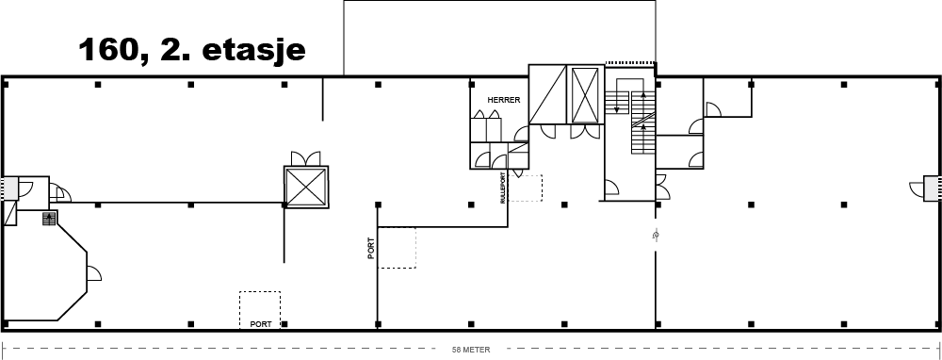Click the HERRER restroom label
(x=503, y=101)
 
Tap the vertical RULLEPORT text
(x=503, y=188)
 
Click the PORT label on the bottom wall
(x=261, y=324)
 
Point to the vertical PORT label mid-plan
(x=371, y=248)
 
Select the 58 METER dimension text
(x=471, y=350)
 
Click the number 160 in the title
(x=108, y=50)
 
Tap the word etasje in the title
(x=253, y=51)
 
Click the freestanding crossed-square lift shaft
(x=306, y=187)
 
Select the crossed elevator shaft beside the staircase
(x=585, y=95)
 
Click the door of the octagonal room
(x=94, y=273)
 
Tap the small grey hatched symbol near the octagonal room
(x=49, y=218)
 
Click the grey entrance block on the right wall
(x=932, y=188)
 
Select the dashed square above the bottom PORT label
(x=260, y=306)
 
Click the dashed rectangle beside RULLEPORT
(x=525, y=188)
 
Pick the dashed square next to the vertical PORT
(x=398, y=248)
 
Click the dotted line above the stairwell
(x=629, y=62)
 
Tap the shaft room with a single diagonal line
(x=547, y=94)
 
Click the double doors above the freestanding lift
(x=306, y=158)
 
